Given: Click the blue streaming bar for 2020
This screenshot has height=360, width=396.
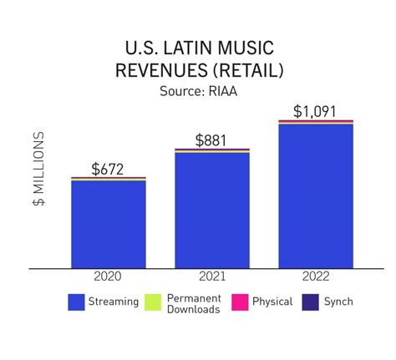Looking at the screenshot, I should coord(109,224).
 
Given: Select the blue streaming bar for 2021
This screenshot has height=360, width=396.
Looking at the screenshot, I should coord(212,210).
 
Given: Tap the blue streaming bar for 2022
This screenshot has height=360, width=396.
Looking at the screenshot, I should coord(316,196).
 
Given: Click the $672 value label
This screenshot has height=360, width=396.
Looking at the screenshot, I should coord(109,170).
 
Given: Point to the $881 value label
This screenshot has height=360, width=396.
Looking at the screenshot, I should coord(212,140).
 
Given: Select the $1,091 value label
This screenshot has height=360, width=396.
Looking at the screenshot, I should coord(316,111).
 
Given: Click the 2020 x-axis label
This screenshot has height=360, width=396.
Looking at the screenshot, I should coord(109,276).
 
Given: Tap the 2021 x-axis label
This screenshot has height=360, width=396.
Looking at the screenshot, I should coord(212,276).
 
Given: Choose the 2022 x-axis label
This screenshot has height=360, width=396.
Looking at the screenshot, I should coord(316,276).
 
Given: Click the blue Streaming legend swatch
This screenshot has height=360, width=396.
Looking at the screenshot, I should coord(77,302).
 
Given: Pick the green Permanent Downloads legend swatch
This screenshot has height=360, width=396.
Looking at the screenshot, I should coord(153,302).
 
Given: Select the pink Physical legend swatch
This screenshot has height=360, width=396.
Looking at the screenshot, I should coord(239,302).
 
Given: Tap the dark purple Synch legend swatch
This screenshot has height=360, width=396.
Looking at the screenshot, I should coord(309,302).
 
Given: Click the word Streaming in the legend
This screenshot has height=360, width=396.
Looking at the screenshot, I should coord(114,302).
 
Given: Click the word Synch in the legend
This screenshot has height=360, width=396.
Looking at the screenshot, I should coord(338,302).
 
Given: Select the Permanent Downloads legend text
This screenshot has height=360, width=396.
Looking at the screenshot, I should coord(193,303).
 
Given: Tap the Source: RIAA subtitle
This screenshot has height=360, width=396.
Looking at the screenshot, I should coord(198,89).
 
